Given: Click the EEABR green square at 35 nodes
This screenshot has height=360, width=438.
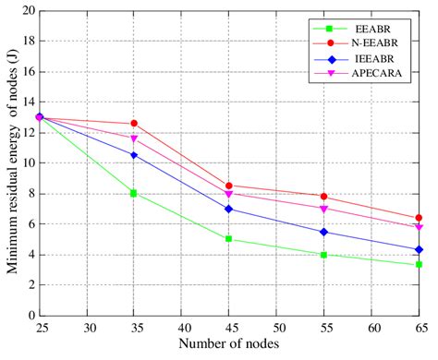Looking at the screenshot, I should coord(134,193).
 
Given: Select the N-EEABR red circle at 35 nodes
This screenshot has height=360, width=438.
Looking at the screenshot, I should coord(134,124).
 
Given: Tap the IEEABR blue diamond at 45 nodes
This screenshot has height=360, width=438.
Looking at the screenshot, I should coord(229,209).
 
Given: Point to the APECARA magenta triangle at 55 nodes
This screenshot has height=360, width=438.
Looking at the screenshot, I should coord(323,209).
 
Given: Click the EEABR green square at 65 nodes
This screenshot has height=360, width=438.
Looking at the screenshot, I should coord(419,265).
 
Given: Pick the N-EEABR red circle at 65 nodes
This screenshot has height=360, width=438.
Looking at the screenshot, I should coord(419,218).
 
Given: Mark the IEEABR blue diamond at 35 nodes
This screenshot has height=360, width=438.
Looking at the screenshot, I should coord(134,155).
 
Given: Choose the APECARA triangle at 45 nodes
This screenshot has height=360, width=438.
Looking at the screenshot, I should coord(229,194).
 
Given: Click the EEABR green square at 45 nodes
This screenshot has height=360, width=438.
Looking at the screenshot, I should coord(229,239).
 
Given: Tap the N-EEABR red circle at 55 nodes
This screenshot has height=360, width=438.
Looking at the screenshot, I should coord(323,197).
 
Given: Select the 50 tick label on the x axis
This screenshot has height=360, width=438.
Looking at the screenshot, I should coord(276,329).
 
